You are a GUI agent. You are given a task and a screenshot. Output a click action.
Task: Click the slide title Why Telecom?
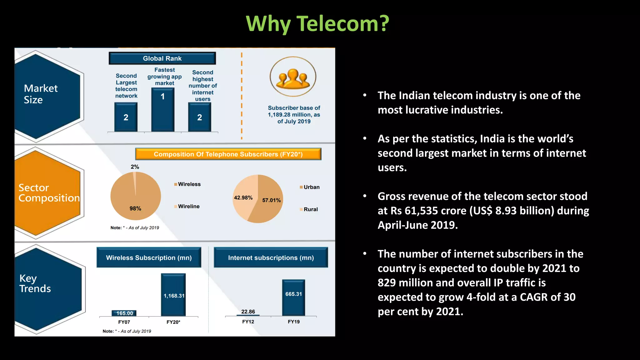click(x=317, y=24)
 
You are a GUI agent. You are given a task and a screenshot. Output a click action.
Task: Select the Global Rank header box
click(x=162, y=58)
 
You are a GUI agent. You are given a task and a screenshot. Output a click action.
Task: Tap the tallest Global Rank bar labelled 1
click(x=163, y=109)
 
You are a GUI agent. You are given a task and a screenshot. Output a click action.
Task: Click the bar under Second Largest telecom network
click(x=126, y=117)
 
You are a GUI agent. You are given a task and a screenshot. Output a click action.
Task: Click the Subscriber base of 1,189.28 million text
click(x=294, y=115)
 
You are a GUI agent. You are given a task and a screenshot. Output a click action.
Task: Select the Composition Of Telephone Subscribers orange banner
click(x=228, y=154)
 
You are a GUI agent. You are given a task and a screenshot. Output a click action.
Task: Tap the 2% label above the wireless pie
click(x=135, y=167)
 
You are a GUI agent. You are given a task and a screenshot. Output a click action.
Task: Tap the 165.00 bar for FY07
click(x=124, y=313)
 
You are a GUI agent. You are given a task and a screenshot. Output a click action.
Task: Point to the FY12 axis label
click(x=248, y=322)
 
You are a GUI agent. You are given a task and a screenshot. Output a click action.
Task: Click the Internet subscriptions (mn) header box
click(x=271, y=258)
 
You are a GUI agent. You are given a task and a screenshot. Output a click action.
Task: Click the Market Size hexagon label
click(x=41, y=94)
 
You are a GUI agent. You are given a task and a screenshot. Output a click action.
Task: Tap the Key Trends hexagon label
click(x=35, y=283)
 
